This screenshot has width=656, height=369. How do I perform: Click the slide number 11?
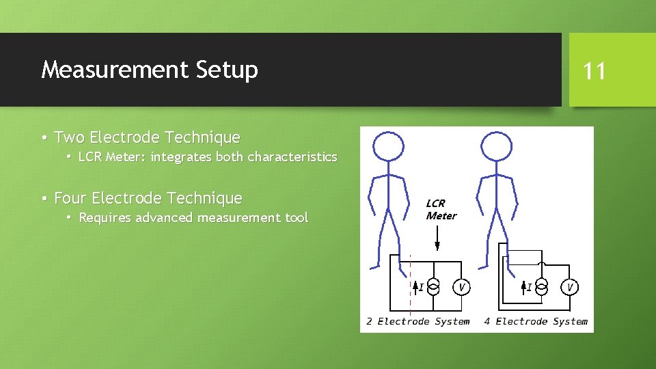click(594, 70)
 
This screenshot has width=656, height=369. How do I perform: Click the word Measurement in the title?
click(113, 70)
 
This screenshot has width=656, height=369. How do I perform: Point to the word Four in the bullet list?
click(70, 198)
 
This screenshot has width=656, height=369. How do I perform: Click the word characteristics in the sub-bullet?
click(292, 157)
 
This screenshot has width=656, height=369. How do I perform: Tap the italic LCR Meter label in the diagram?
click(440, 210)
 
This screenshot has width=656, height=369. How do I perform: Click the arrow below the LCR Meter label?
click(437, 239)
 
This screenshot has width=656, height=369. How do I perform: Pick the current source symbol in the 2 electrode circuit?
click(433, 287)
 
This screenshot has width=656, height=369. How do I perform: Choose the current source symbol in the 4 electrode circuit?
click(541, 287)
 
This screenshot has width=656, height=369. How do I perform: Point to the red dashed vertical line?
click(410, 287)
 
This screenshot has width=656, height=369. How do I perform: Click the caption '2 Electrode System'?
click(418, 321)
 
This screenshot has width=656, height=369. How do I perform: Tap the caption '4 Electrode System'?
click(536, 321)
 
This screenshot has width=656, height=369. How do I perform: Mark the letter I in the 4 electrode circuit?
click(529, 287)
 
